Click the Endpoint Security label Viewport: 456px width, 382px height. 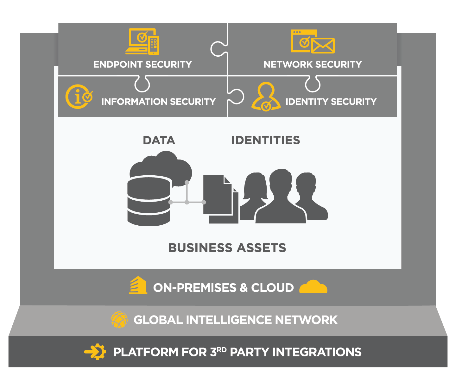pos(142,65)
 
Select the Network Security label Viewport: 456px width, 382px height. pos(313,65)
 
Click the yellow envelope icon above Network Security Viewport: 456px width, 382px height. pos(323,46)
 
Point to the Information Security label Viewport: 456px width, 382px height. pos(158,102)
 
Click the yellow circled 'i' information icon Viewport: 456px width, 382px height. pos(79,97)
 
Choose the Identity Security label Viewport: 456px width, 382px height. pos(331,102)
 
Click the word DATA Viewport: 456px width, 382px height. pos(159,141)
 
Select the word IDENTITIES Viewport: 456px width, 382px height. pos(266,140)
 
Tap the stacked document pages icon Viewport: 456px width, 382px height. pos(220,199)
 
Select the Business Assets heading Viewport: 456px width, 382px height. pos(227,248)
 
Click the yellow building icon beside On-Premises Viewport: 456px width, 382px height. pos(138,285)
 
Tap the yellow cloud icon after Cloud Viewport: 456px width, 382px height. pos(313,287)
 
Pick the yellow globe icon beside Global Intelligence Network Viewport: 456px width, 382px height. pos(119,320)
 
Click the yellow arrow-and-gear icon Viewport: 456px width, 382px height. pos(95,352)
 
